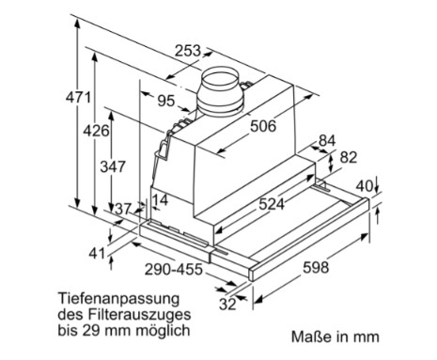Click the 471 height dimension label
(78, 98)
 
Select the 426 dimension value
(96, 131)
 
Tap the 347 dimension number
(113, 166)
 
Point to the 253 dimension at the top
(187, 51)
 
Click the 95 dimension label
(165, 101)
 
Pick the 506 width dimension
(263, 126)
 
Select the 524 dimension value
(272, 204)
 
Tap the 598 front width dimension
(316, 268)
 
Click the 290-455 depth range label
(174, 270)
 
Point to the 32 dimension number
(227, 304)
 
